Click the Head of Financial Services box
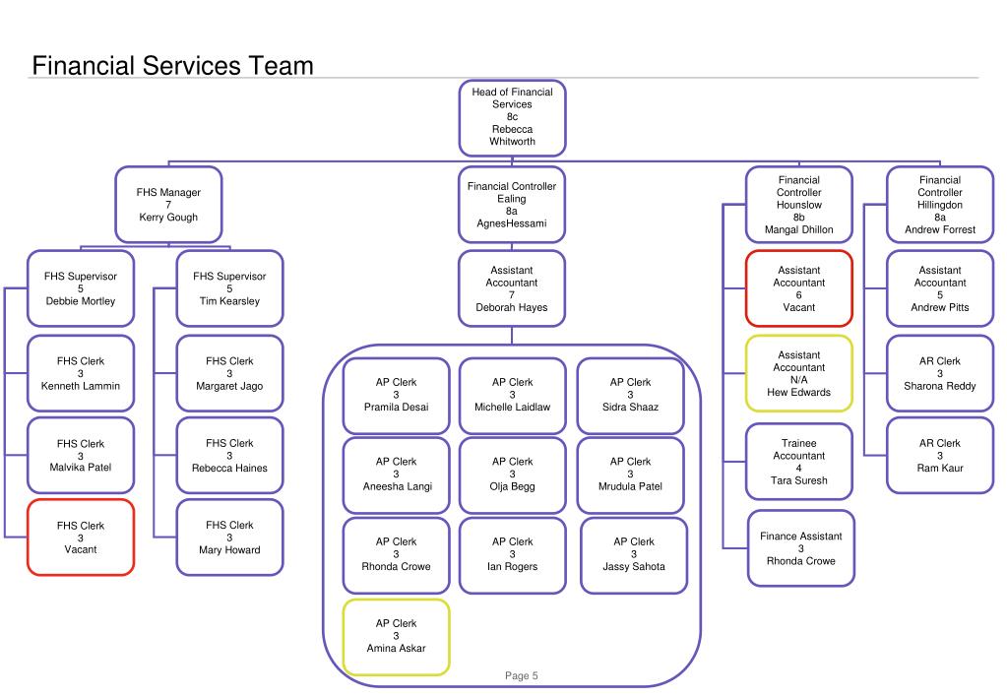(512, 117)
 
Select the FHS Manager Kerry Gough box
(168, 205)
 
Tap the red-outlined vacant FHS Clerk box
(81, 538)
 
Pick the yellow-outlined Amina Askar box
(397, 637)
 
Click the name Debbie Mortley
(81, 301)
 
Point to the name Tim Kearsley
(229, 301)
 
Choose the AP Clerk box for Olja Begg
(513, 475)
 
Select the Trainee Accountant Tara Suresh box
(799, 462)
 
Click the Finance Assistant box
(801, 548)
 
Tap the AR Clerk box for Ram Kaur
(939, 455)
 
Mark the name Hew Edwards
(799, 393)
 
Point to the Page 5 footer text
(522, 675)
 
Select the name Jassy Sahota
(634, 567)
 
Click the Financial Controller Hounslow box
(799, 205)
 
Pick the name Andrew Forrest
(939, 230)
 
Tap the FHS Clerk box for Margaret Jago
(229, 373)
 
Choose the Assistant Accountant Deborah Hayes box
(512, 288)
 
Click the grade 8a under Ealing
(511, 212)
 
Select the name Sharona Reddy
(939, 386)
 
